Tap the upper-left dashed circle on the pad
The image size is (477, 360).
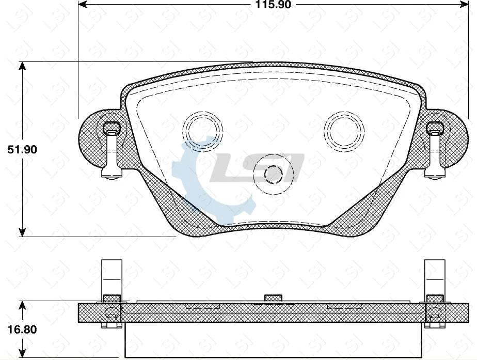click(203, 129)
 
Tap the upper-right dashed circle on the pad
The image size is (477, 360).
click(343, 129)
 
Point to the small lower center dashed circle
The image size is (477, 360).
click(272, 175)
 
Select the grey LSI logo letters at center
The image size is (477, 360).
click(258, 168)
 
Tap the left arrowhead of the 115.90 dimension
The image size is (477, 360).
click(82, 4)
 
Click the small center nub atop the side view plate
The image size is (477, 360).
click(273, 298)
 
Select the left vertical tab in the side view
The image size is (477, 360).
click(111, 276)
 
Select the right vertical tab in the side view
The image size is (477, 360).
click(434, 276)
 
